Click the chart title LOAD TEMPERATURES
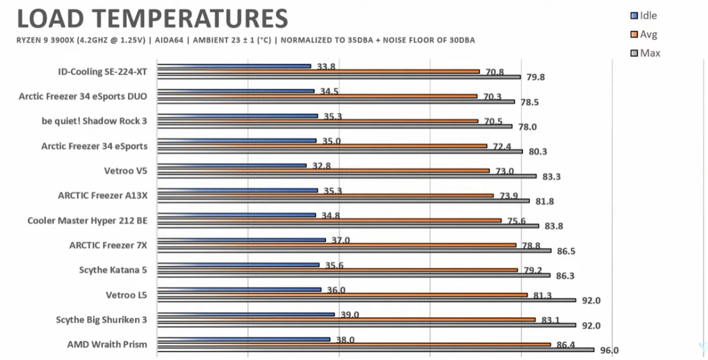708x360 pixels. click(x=152, y=19)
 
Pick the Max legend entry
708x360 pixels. click(x=650, y=53)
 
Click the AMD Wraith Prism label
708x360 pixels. click(x=107, y=344)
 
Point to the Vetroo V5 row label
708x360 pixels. click(x=126, y=170)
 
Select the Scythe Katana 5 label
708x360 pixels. click(x=113, y=270)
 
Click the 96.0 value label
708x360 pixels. click(x=609, y=351)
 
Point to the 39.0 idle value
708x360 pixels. click(x=350, y=315)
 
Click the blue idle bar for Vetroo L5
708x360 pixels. click(x=240, y=289)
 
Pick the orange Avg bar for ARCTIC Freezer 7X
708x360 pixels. click(x=337, y=245)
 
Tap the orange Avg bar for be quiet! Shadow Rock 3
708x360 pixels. click(x=318, y=121)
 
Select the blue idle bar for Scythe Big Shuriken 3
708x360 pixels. click(x=246, y=314)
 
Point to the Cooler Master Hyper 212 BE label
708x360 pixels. click(x=87, y=220)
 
